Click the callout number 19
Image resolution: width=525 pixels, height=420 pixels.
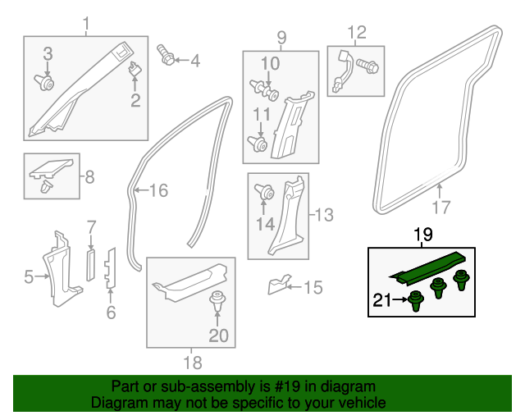pyautogui.click(x=423, y=234)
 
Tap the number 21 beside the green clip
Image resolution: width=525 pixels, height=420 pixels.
pyautogui.click(x=382, y=299)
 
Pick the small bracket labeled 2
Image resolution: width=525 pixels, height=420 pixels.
pyautogui.click(x=135, y=69)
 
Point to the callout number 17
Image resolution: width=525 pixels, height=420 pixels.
pyautogui.click(x=441, y=207)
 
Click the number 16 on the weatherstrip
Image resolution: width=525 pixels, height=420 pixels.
pyautogui.click(x=158, y=190)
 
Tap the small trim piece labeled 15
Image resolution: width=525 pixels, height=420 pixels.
pyautogui.click(x=279, y=285)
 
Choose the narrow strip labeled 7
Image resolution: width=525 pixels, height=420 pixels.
pyautogui.click(x=91, y=265)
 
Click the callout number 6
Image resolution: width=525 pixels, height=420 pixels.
pyautogui.click(x=112, y=313)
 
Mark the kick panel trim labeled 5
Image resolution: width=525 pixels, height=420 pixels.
pyautogui.click(x=60, y=268)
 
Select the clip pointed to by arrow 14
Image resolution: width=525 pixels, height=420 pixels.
pyautogui.click(x=264, y=192)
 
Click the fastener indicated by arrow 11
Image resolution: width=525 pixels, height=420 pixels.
pyautogui.click(x=257, y=144)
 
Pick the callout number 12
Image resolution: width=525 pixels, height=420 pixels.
pyautogui.click(x=357, y=33)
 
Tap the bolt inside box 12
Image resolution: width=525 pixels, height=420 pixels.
pyautogui.click(x=367, y=66)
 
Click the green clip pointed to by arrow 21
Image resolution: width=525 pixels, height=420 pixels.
pyautogui.click(x=416, y=300)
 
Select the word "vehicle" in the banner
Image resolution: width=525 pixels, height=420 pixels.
pyautogui.click(x=363, y=403)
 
